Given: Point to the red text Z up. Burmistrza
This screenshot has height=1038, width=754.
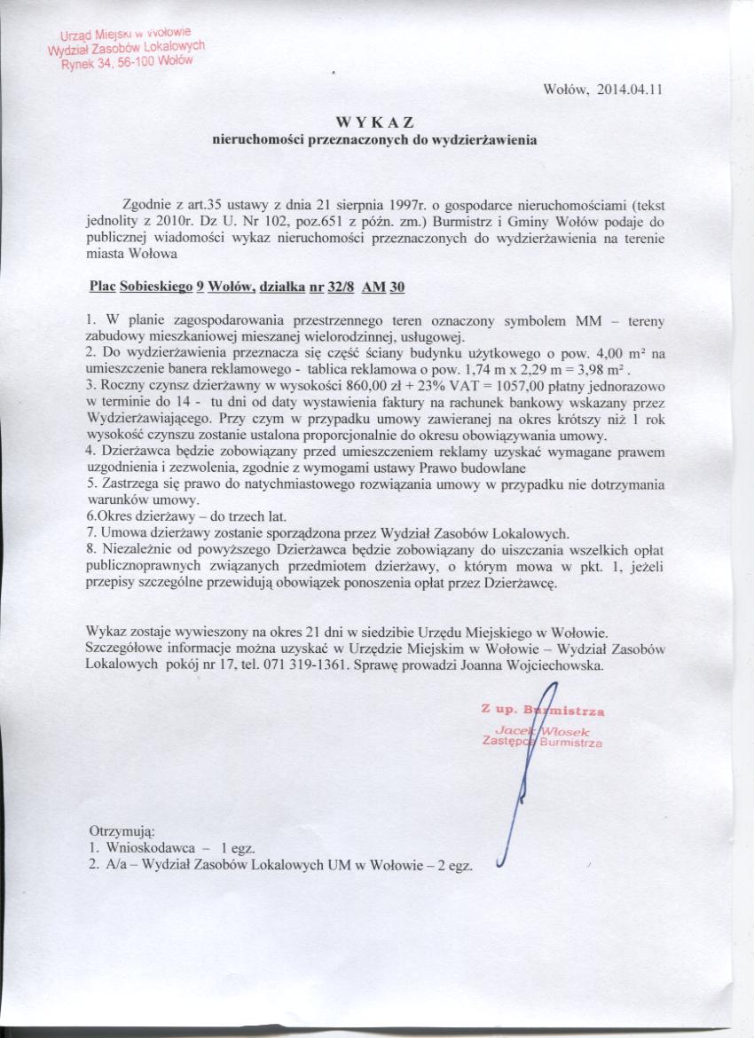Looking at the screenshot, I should coord(542,711).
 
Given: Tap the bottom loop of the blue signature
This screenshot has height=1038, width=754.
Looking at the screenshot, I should coord(503,858).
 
